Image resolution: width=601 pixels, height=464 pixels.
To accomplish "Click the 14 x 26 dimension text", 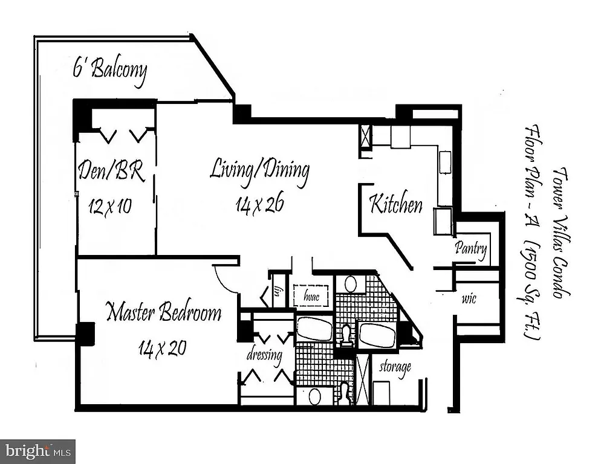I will (x=259, y=205).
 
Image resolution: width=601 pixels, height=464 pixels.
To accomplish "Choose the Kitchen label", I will (x=396, y=204).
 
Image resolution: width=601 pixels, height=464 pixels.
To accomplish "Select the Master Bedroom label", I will (x=163, y=313).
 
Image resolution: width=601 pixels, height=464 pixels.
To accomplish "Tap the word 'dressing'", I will (x=264, y=355).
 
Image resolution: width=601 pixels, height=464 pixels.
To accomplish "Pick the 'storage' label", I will (x=395, y=366).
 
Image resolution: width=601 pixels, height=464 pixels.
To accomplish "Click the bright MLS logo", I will (x=37, y=451).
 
